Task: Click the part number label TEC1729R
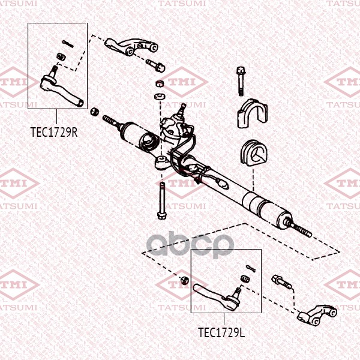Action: (x=54, y=132)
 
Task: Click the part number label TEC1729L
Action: (x=221, y=332)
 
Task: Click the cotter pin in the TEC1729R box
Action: (x=68, y=44)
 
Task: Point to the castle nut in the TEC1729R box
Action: (x=61, y=56)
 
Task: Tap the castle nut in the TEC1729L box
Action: (x=245, y=279)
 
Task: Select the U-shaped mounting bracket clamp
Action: (x=253, y=113)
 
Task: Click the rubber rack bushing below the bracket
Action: (x=254, y=154)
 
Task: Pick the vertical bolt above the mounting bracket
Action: (x=241, y=81)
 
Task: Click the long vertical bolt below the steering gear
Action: (x=162, y=200)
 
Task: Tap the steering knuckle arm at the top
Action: (x=131, y=46)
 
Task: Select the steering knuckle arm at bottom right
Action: (x=317, y=314)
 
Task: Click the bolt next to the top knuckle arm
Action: (x=155, y=65)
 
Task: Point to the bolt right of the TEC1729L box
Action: (x=281, y=282)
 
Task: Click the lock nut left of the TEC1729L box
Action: (x=185, y=280)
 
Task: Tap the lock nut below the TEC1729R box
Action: (x=94, y=112)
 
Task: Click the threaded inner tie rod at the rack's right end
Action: (x=298, y=229)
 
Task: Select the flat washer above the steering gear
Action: (x=160, y=96)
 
